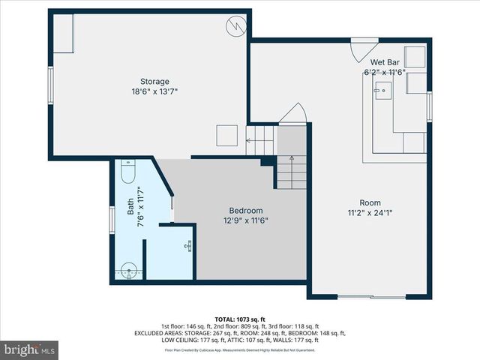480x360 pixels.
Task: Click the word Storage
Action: (x=154, y=81)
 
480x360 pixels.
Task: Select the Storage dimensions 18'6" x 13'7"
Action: (x=154, y=91)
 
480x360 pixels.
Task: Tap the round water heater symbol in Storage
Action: (x=235, y=26)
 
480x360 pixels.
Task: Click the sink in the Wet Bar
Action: (x=382, y=91)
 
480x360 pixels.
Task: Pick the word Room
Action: (x=370, y=202)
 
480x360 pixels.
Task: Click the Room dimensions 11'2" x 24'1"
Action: (x=370, y=213)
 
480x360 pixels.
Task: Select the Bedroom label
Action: (x=246, y=211)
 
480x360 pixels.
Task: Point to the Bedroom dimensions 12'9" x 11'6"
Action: (x=246, y=221)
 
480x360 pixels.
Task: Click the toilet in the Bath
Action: (x=127, y=173)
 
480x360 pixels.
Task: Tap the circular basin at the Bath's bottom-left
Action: (x=130, y=270)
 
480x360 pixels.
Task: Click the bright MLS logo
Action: (x=30, y=349)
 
